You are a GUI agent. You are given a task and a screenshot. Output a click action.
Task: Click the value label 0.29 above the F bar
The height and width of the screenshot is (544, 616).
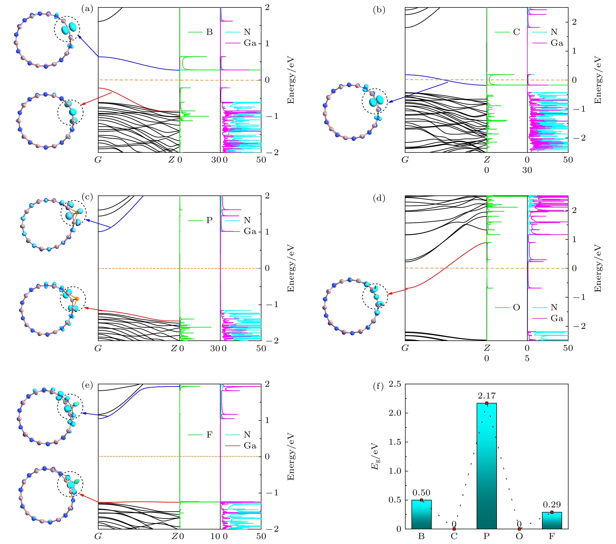coord(552,505)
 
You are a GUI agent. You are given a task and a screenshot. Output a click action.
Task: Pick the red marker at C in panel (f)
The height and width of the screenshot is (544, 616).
coord(454,529)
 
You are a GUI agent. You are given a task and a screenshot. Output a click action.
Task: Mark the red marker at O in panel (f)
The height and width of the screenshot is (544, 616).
coord(519,529)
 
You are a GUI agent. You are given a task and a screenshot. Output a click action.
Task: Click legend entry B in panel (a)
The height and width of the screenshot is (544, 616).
coord(209,32)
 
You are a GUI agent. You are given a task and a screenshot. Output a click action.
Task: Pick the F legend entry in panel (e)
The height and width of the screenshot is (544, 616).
coord(209,435)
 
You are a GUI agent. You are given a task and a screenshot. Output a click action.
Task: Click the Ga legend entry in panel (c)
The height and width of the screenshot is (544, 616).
coord(250,231)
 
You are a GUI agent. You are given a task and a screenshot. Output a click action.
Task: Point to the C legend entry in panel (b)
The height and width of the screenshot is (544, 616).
coord(516,32)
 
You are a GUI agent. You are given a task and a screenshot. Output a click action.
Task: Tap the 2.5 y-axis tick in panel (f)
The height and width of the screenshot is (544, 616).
coord(395,384)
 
